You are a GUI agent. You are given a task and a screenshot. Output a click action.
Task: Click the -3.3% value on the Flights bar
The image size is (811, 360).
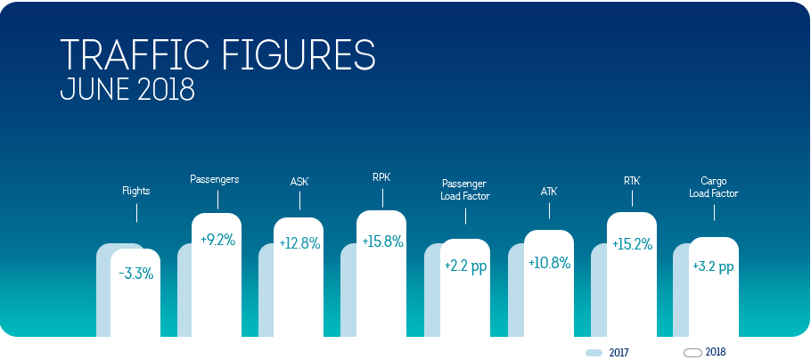(136, 274)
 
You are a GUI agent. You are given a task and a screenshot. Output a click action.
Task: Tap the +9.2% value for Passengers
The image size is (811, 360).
(217, 240)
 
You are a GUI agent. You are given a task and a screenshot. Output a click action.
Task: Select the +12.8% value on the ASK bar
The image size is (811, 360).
(300, 243)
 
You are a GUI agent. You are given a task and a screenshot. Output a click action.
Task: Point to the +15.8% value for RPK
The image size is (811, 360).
(382, 241)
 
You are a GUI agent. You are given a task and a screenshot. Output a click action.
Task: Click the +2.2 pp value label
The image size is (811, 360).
(465, 267)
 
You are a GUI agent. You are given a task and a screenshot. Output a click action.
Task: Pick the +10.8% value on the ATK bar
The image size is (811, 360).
(549, 263)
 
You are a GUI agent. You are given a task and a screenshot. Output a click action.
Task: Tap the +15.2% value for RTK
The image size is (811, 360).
(632, 244)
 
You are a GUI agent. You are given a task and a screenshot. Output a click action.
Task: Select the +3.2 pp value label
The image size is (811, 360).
(714, 267)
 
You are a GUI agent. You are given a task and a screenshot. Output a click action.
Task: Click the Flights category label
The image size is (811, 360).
(136, 191)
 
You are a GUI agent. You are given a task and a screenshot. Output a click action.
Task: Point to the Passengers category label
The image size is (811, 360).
(215, 179)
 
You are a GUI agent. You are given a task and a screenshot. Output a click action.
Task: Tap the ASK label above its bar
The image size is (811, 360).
(299, 182)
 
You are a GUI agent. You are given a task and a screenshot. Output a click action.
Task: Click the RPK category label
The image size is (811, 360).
(381, 177)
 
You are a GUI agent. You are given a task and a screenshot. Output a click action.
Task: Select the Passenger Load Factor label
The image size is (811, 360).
(465, 190)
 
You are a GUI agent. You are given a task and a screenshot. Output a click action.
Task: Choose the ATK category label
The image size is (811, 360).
(549, 192)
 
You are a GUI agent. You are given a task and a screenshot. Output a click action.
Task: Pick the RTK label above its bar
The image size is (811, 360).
(632, 181)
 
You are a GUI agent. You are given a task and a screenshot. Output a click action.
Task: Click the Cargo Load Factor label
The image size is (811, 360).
(714, 187)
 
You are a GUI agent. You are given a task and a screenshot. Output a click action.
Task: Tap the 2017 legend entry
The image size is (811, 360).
(607, 353)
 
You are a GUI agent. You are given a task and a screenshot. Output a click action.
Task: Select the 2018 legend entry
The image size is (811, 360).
(704, 352)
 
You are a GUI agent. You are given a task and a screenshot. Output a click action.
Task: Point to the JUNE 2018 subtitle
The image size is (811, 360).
(127, 90)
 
